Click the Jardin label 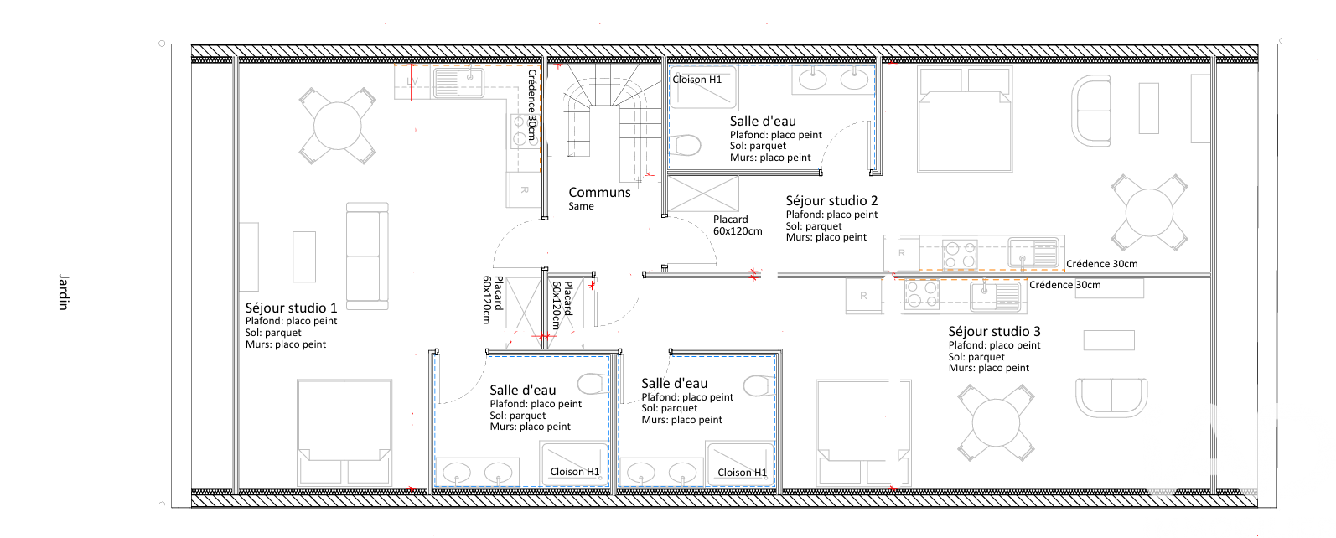pos(64,292)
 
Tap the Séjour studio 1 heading pos(291,308)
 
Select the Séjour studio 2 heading pos(831,201)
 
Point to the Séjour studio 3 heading pos(994,332)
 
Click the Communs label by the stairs pos(599,193)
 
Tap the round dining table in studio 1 pos(338,126)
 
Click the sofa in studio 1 pos(367,256)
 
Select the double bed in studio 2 pos(965,119)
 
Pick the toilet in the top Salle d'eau pos(686,145)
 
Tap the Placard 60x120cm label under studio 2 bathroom pos(738,225)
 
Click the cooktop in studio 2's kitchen pos(960,255)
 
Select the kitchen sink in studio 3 pos(995,297)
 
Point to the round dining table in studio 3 pos(996,423)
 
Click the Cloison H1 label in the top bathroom pos(697,80)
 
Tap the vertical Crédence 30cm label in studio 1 pos(532,105)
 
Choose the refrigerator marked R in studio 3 pos(863,296)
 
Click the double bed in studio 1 pos(344,432)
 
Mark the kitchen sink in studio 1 pos(458,83)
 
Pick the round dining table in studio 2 pos(1149,212)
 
